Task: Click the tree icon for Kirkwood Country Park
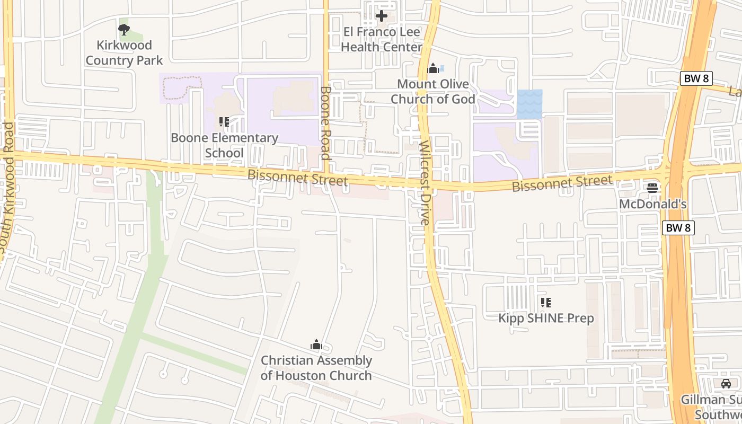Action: (124, 30)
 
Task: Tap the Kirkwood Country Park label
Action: (125, 52)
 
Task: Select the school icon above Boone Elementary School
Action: (224, 122)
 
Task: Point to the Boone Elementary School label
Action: (224, 145)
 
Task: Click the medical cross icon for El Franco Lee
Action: (381, 16)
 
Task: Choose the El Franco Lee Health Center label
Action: (382, 39)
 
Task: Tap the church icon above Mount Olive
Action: (433, 68)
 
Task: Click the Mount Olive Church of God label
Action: (433, 91)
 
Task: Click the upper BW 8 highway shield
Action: (696, 78)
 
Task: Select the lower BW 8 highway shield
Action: (678, 228)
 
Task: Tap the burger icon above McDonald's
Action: (652, 188)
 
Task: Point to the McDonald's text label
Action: (653, 204)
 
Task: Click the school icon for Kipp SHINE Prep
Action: (546, 303)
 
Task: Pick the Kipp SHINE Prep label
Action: (546, 318)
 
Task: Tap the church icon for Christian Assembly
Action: (316, 345)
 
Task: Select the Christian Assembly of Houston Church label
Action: (316, 368)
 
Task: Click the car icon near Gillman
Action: (726, 383)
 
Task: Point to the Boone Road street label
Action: (325, 123)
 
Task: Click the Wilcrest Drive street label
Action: (425, 183)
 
